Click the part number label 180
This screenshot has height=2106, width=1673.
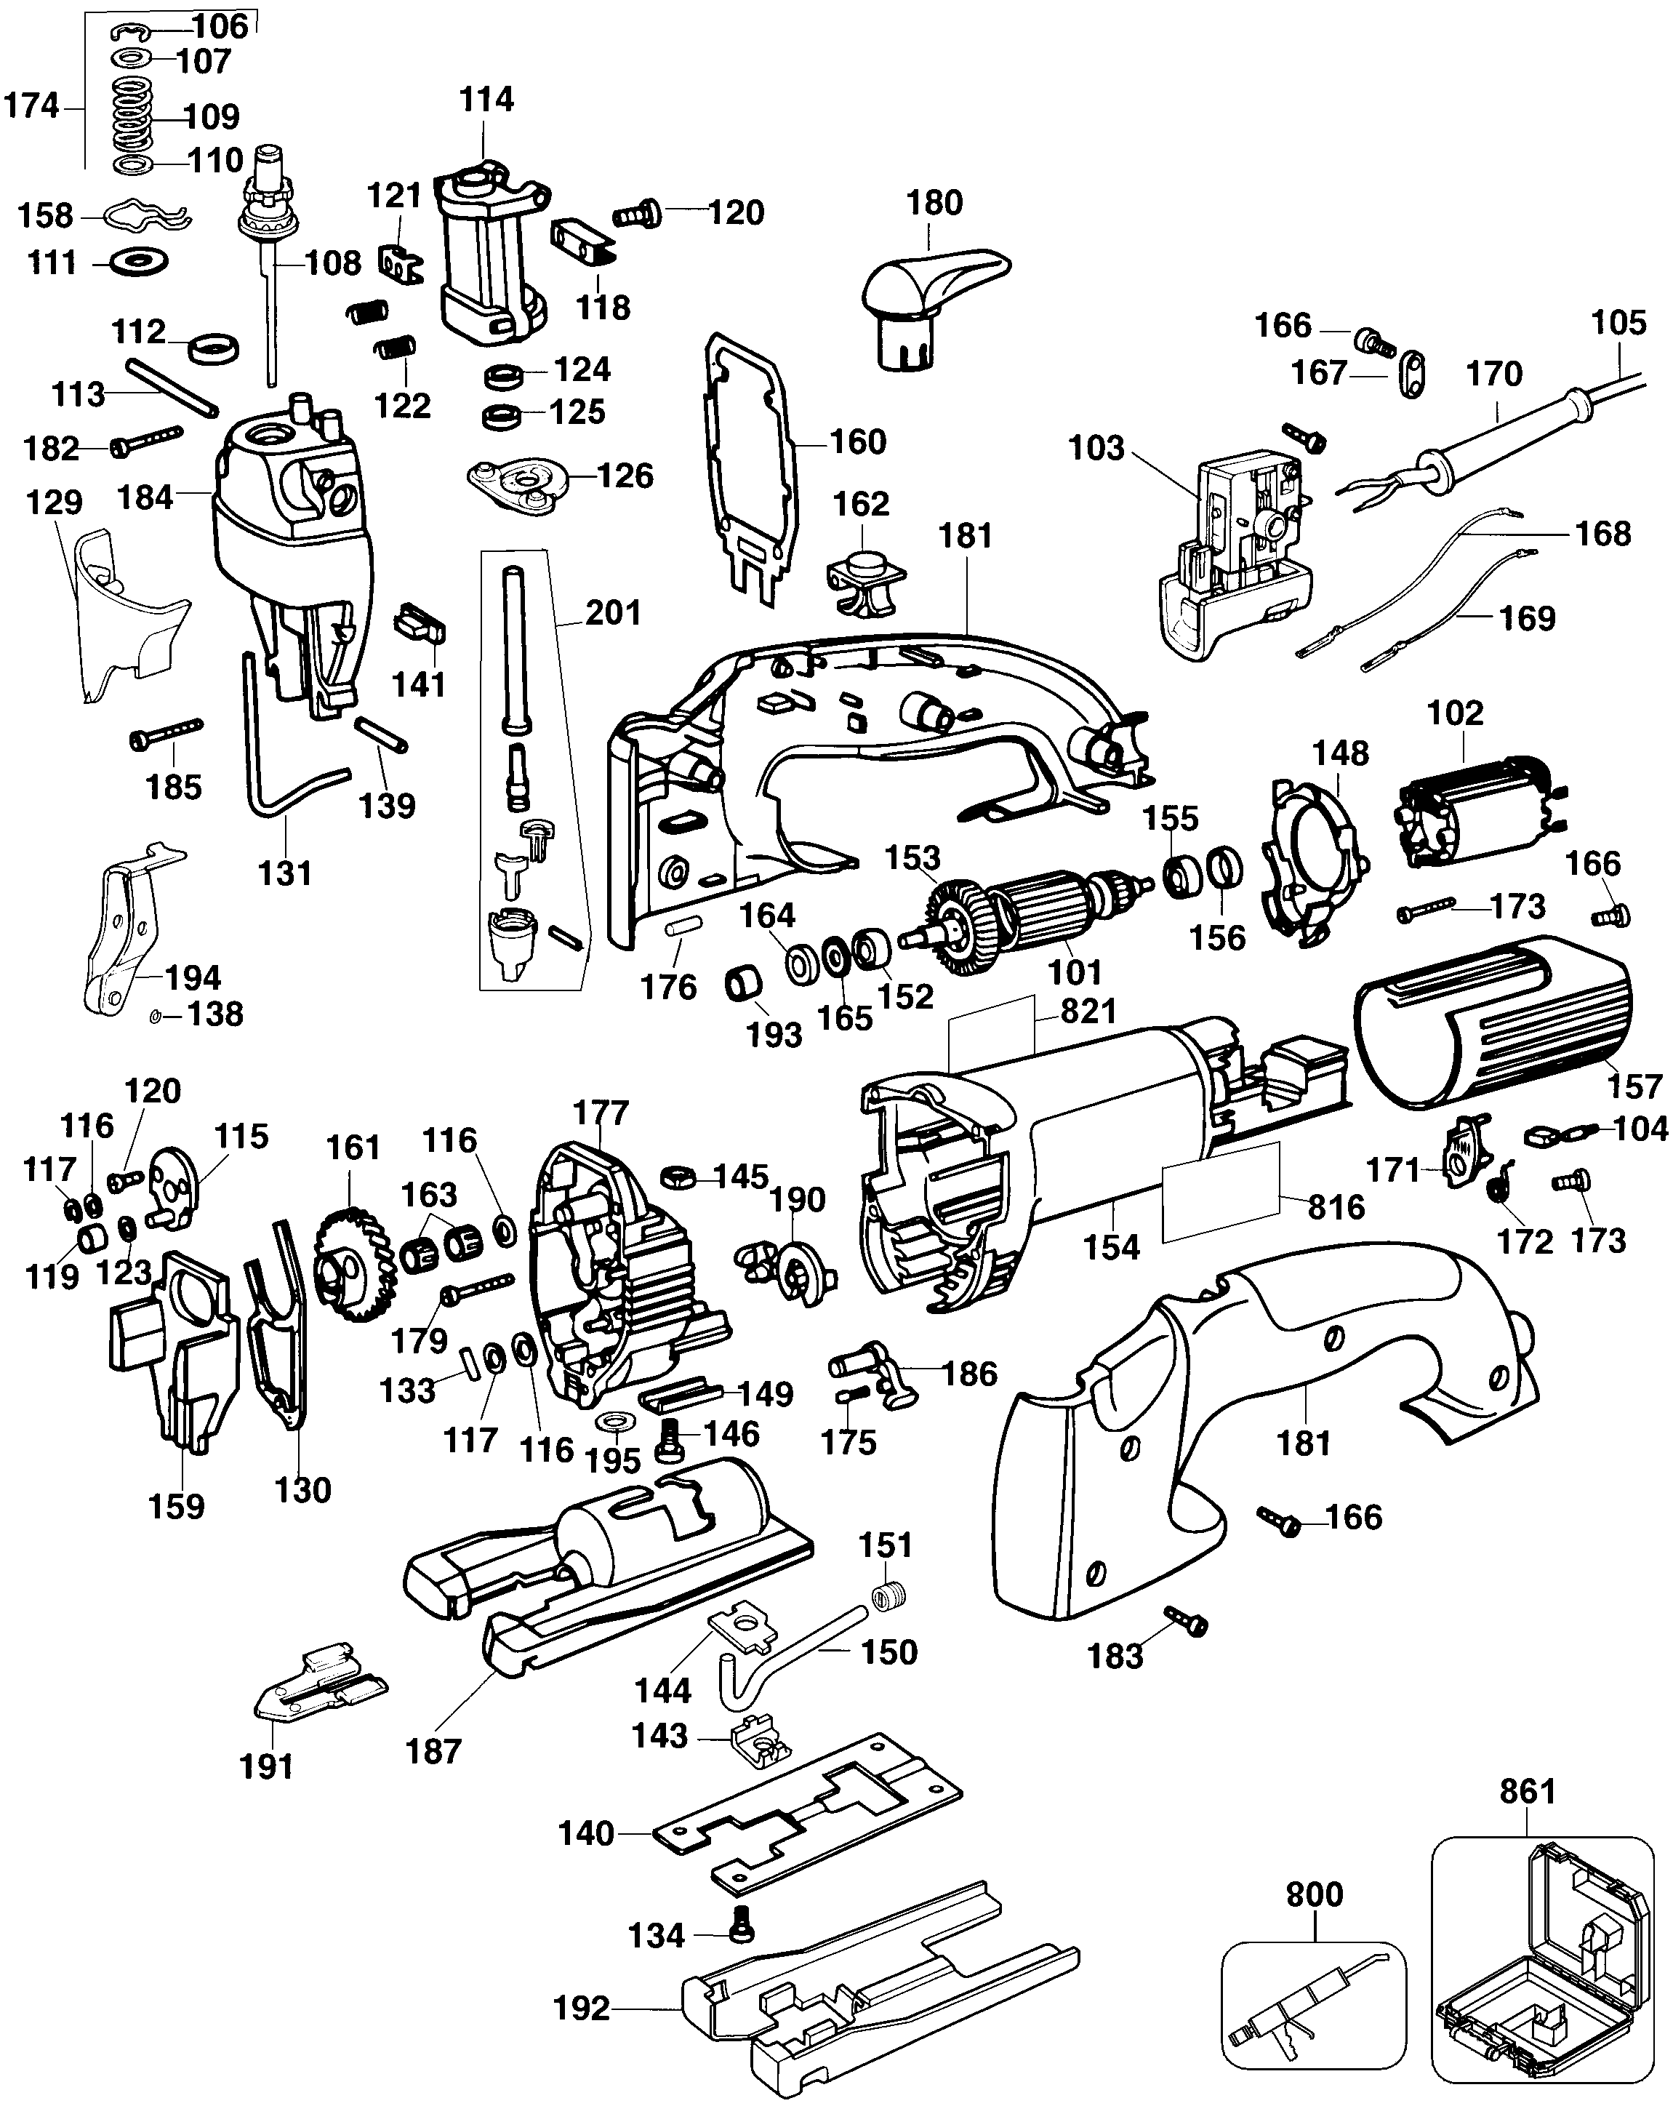[x=934, y=203]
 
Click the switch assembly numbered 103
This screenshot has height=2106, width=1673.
[x=1235, y=557]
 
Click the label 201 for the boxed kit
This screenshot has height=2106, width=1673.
[x=614, y=612]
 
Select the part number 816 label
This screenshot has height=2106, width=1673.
[x=1336, y=1207]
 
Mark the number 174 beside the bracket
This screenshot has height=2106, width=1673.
[x=31, y=105]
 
